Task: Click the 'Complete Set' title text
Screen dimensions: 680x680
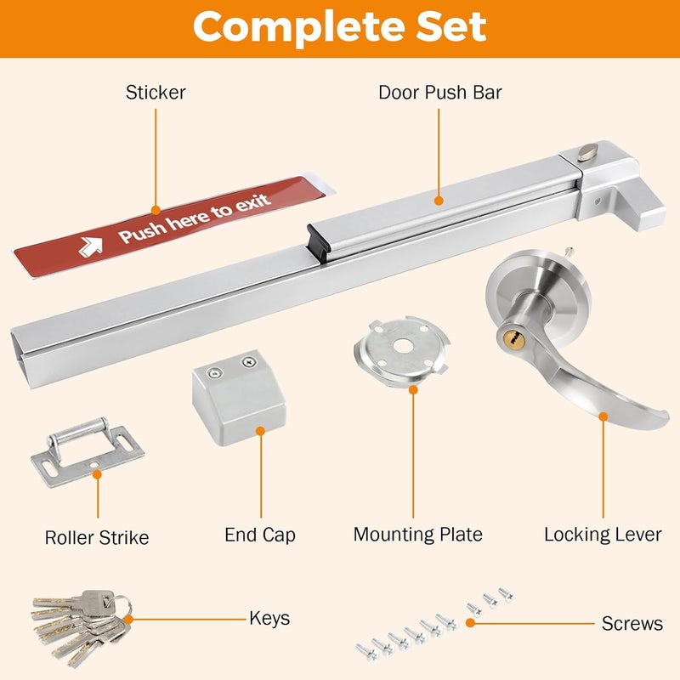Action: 339,27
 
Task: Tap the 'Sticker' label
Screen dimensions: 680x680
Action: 156,92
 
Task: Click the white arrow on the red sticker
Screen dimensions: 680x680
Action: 91,246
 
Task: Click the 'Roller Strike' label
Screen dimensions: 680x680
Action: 97,537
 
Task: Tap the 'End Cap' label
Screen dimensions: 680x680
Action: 260,535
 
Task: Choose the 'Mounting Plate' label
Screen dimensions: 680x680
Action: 417,535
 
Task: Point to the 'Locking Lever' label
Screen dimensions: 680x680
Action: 603,535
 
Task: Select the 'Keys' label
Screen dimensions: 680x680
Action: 269,618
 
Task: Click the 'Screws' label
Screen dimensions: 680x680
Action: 632,624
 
